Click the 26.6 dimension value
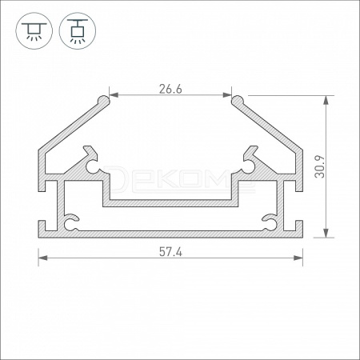(170, 89)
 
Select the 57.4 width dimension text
(170, 252)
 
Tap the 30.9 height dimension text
(320, 166)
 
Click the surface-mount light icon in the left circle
(34, 31)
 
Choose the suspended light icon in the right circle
(78, 31)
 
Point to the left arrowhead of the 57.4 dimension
(43, 258)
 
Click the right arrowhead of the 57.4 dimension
(298, 258)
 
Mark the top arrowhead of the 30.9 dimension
(326, 100)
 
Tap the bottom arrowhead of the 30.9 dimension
(326, 233)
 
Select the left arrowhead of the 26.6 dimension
(114, 95)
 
